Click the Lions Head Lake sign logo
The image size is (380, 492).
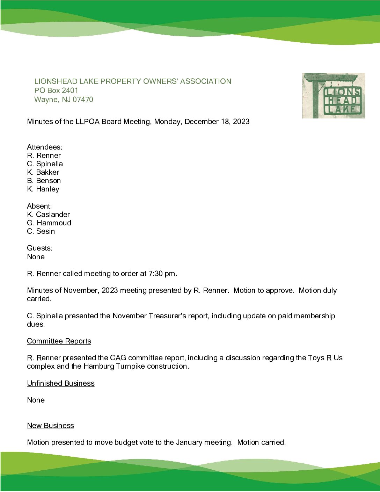tap(334, 95)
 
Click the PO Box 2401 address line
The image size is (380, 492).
tap(56, 91)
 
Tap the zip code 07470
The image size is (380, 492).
tap(83, 100)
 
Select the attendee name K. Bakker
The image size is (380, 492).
tap(43, 172)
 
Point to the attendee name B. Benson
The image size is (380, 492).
tap(44, 181)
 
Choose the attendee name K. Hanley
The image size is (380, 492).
tap(43, 189)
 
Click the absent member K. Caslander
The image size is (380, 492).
tap(48, 215)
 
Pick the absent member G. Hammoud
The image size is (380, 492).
tap(49, 223)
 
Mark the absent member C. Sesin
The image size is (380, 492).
tap(41, 231)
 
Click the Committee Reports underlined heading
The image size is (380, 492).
tap(59, 341)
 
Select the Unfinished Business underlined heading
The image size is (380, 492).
tap(60, 383)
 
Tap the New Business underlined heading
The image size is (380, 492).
tap(50, 426)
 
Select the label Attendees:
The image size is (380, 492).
tap(44, 147)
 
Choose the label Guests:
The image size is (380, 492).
tap(39, 248)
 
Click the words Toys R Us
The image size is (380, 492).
tap(325, 358)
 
